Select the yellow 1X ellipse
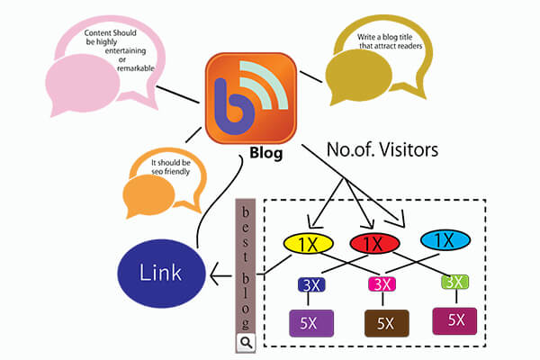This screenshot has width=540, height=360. click(x=309, y=243)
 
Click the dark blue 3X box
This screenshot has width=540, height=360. click(x=310, y=284)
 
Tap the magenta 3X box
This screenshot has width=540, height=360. click(x=382, y=284)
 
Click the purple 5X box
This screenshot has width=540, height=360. click(x=310, y=322)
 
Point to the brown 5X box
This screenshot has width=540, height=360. click(x=384, y=322)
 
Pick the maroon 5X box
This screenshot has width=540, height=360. click(x=455, y=319)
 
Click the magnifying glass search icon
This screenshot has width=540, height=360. click(x=246, y=342)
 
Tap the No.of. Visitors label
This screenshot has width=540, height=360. click(x=382, y=150)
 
